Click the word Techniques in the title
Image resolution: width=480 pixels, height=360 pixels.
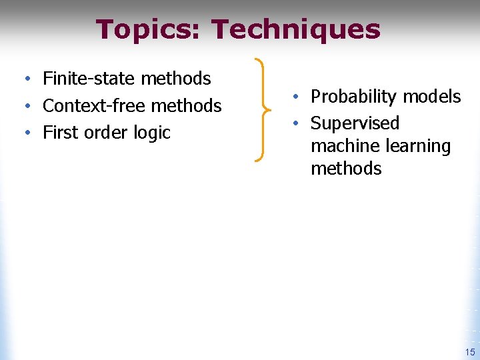[295, 30]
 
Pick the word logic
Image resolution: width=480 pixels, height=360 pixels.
[152, 133]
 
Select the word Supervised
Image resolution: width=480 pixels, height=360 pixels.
[355, 124]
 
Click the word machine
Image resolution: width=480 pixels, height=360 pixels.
[344, 146]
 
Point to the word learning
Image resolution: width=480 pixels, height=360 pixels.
[417, 147]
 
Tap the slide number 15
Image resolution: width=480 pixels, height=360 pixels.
[470, 353]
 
